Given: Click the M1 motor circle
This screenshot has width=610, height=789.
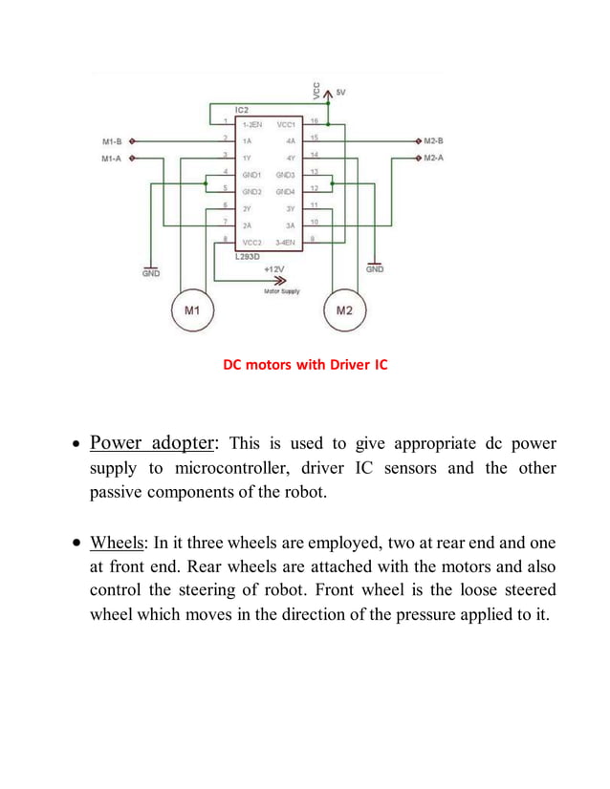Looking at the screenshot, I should (192, 309).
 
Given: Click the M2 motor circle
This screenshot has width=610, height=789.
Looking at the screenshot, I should (346, 309).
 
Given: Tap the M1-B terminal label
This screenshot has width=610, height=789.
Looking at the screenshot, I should (112, 141).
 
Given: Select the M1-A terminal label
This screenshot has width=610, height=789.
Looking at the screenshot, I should (112, 158).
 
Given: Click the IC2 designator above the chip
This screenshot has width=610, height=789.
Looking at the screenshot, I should (242, 111).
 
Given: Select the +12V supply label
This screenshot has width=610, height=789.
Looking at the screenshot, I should (275, 269).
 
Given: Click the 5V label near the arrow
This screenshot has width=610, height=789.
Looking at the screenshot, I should (341, 92).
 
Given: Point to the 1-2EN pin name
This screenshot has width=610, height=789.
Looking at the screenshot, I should (253, 124).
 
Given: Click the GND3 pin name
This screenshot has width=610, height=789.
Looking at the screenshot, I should (285, 176).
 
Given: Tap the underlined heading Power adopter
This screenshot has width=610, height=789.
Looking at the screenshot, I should (154, 443).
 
